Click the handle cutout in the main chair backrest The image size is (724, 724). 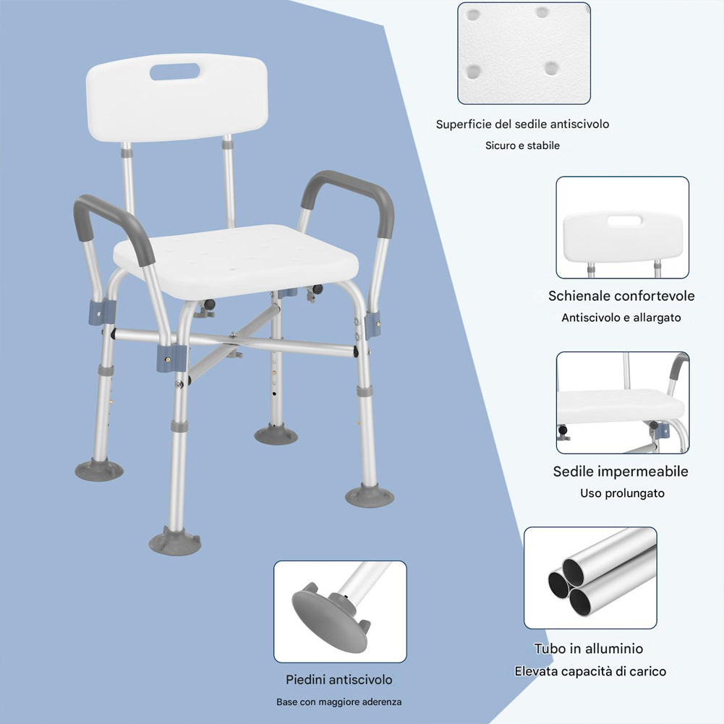(x=174, y=72)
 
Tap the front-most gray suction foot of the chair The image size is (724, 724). (x=175, y=541)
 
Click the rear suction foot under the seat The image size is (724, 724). (x=276, y=435)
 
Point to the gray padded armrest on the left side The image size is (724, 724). (x=111, y=217)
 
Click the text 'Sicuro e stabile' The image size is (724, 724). (x=522, y=145)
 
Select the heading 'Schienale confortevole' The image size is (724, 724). (x=621, y=296)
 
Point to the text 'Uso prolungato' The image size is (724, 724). (x=622, y=493)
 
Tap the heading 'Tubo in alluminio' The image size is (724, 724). (x=588, y=649)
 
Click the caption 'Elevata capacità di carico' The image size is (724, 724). (x=590, y=671)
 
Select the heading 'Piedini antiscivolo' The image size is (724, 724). (x=339, y=680)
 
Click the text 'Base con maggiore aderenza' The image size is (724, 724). (x=339, y=702)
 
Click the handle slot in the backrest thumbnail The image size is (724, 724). (x=624, y=221)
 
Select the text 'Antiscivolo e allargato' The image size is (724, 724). (x=621, y=318)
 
